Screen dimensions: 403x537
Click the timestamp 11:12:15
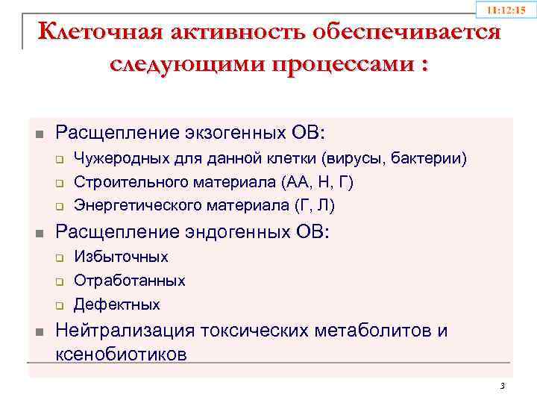[506, 10]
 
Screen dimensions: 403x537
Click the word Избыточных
[121, 257]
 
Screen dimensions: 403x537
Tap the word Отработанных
[130, 281]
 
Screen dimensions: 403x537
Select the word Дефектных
[116, 304]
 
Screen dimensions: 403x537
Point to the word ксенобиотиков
[122, 353]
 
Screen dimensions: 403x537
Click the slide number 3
[502, 386]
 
